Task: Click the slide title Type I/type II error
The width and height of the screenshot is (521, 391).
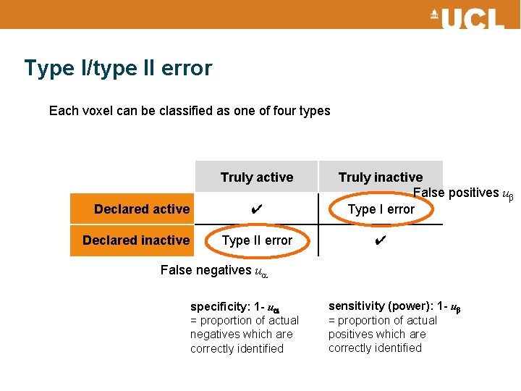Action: point(118,68)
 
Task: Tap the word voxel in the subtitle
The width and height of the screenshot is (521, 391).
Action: point(98,111)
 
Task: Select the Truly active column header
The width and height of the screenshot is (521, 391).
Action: point(257,177)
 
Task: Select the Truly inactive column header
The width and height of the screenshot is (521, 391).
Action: point(381,177)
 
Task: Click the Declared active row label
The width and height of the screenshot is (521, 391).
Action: point(142,209)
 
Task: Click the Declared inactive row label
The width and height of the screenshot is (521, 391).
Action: point(136,240)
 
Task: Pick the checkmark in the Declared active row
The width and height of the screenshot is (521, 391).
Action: point(256,209)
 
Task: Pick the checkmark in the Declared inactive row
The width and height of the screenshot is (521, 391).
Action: point(381,240)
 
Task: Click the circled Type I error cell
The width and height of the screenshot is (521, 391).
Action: point(381,209)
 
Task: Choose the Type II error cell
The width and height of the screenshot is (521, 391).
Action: point(257,240)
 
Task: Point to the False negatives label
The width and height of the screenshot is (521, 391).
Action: point(206,270)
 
